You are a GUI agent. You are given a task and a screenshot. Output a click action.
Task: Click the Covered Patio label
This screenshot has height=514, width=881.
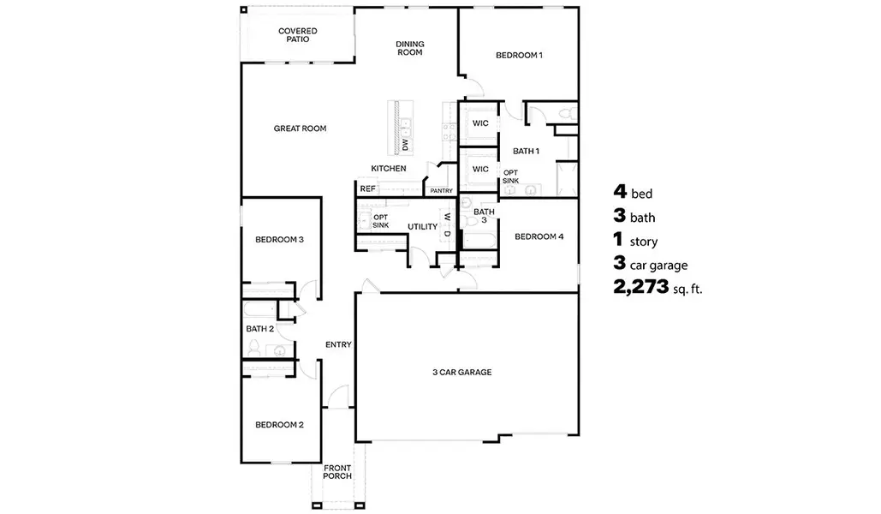(x=297, y=35)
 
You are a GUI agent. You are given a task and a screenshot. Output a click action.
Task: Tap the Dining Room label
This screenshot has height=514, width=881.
(x=409, y=48)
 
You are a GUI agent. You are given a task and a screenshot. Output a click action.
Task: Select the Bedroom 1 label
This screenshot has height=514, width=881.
(x=519, y=56)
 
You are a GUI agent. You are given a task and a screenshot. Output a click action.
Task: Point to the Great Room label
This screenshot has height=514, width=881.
(x=300, y=128)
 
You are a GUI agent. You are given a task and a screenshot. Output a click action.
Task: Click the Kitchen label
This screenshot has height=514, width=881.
(x=388, y=169)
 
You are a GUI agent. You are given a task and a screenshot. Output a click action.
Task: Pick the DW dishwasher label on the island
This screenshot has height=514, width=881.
(x=406, y=146)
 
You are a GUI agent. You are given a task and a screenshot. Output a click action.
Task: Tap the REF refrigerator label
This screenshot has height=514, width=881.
(x=367, y=188)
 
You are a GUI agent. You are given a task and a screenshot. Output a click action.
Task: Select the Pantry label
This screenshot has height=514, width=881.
(x=442, y=191)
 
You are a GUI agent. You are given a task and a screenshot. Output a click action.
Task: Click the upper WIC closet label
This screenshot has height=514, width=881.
(x=480, y=123)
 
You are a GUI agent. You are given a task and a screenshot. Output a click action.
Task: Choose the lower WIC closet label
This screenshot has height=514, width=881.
(x=480, y=169)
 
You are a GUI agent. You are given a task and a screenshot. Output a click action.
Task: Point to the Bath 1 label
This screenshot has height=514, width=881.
(x=526, y=152)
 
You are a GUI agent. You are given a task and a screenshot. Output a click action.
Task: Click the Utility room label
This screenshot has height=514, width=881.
(x=422, y=227)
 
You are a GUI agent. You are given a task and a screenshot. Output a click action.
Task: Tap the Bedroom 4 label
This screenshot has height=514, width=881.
(x=539, y=236)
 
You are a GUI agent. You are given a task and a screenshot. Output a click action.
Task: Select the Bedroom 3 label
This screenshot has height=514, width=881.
(x=279, y=240)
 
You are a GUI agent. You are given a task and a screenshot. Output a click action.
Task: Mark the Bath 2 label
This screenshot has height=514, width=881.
(x=259, y=329)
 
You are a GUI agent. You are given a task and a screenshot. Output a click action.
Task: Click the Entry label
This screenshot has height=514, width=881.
(x=338, y=345)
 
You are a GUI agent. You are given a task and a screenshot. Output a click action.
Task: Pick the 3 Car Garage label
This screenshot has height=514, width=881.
(x=461, y=373)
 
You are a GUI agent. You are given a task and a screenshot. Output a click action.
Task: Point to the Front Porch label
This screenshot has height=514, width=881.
(x=337, y=472)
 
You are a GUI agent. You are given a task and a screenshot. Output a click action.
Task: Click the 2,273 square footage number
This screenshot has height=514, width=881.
(x=640, y=287)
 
